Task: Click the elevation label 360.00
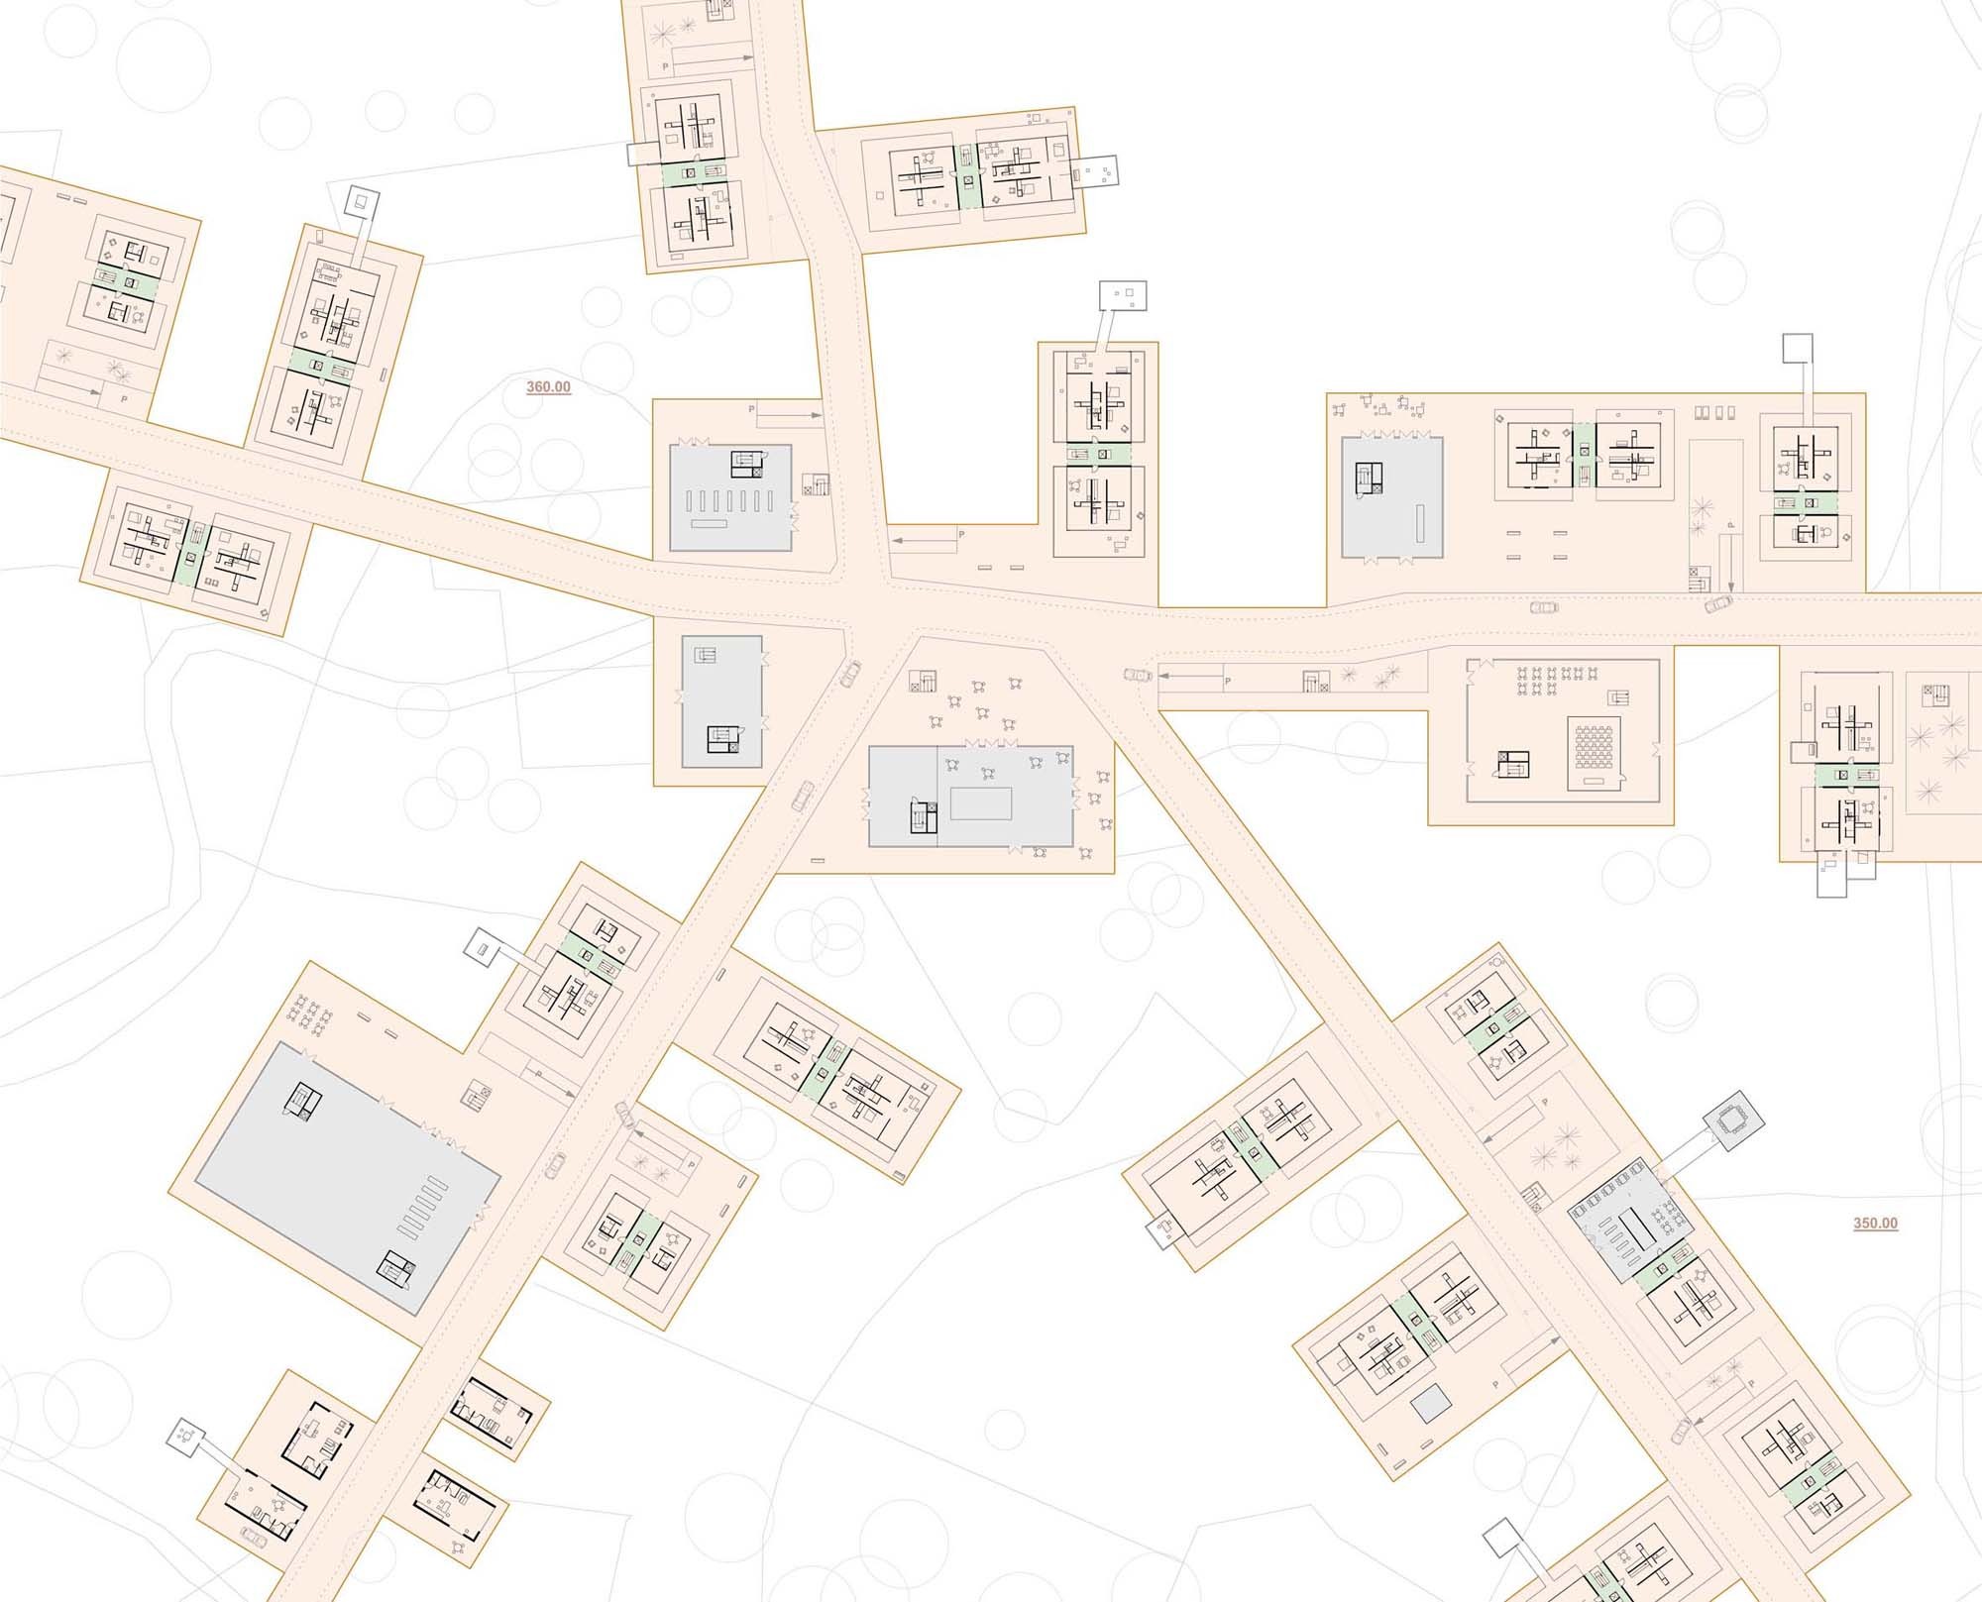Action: click(548, 386)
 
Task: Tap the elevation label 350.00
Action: click(1875, 1223)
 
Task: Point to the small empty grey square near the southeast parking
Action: click(1430, 1405)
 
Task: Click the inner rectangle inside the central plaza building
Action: click(980, 802)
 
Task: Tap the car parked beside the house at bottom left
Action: click(254, 1537)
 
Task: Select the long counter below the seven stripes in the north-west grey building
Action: click(709, 523)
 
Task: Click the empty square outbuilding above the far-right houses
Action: click(1798, 348)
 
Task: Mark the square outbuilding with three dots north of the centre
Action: click(1123, 295)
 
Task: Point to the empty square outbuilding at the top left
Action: click(360, 203)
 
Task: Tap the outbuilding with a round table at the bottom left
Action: click(185, 1433)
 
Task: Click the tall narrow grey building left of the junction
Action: click(721, 701)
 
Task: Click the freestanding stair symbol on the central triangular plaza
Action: click(925, 681)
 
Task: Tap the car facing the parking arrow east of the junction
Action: click(1138, 676)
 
